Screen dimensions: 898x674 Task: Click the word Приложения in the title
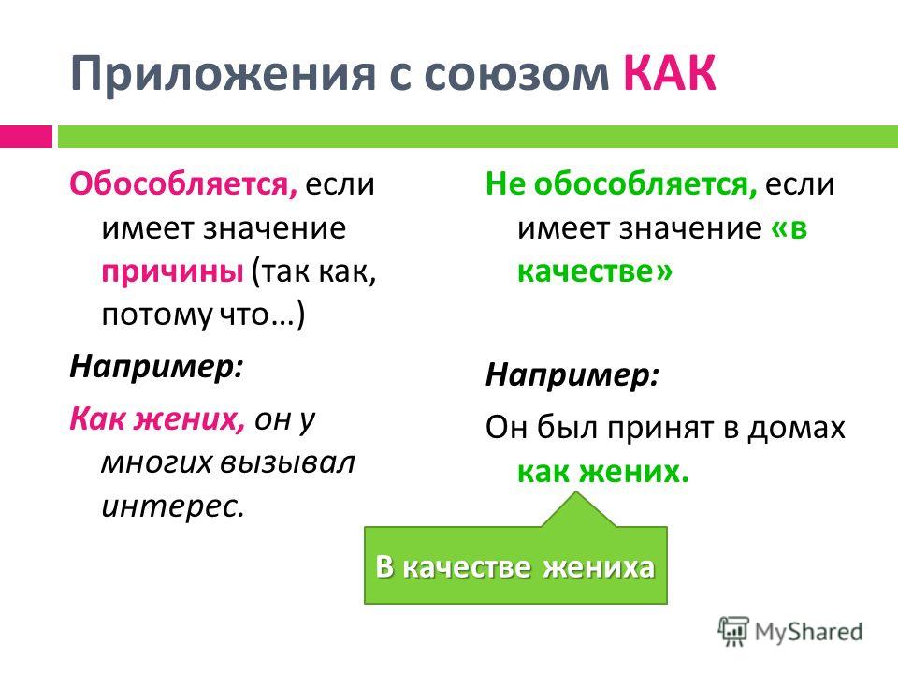[224, 74]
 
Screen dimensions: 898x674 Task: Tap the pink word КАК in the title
[670, 73]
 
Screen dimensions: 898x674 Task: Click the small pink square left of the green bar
[26, 137]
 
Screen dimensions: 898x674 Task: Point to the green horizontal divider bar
[478, 137]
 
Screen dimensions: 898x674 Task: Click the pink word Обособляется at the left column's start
[183, 184]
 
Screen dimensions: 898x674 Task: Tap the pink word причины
[173, 272]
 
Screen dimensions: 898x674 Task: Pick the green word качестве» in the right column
[595, 271]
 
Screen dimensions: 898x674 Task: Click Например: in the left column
[156, 367]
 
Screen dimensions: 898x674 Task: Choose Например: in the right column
[572, 375]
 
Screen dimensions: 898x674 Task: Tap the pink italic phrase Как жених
[157, 419]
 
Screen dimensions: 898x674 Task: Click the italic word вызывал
[288, 462]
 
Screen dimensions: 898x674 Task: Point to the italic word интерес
[172, 506]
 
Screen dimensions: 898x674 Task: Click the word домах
[796, 429]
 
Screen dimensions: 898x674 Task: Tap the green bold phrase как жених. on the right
[603, 472]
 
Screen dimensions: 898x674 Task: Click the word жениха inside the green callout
[599, 567]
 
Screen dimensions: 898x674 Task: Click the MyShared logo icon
[733, 632]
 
